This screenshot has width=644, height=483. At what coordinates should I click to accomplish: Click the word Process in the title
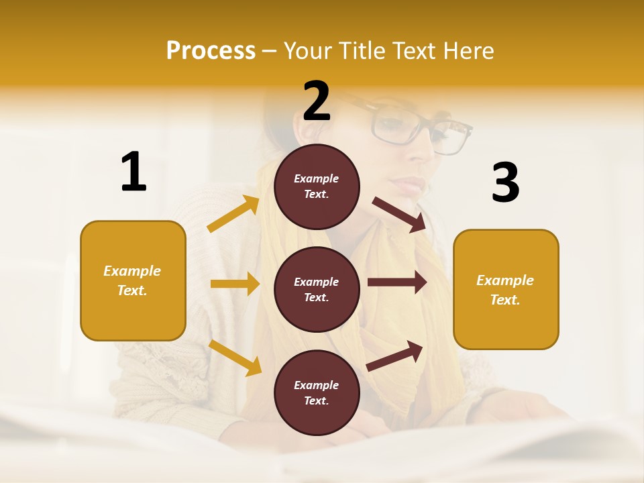(x=211, y=50)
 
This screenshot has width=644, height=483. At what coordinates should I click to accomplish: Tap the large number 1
(x=133, y=172)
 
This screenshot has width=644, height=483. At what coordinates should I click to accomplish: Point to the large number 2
(x=317, y=101)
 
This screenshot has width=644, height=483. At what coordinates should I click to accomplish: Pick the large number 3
(x=505, y=182)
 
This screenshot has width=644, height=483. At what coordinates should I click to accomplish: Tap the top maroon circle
(x=317, y=186)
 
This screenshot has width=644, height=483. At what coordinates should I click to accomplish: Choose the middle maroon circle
(x=317, y=289)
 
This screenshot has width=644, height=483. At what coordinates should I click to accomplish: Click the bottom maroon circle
(x=317, y=392)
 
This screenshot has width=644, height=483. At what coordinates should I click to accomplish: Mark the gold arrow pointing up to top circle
(x=233, y=215)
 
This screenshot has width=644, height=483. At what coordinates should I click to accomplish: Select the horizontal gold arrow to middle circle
(x=235, y=284)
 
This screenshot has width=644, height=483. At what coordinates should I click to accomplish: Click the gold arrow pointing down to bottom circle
(x=235, y=358)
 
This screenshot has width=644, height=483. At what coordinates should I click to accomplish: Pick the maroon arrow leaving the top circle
(x=398, y=214)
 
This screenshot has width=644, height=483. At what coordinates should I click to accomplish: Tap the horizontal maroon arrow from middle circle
(x=396, y=282)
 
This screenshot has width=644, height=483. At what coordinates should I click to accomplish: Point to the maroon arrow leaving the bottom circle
(x=394, y=356)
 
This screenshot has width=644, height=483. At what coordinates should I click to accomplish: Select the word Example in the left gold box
(x=132, y=271)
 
